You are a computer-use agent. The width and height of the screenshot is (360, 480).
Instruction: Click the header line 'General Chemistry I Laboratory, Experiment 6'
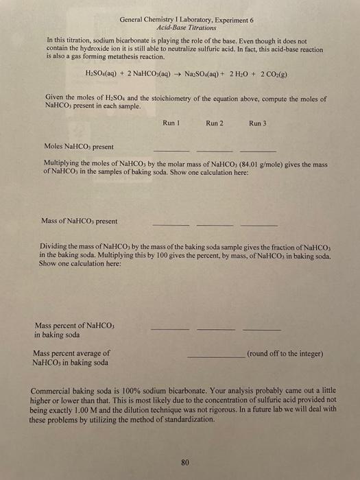pyautogui.click(x=177, y=21)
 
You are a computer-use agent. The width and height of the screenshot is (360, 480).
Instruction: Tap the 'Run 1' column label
pyautogui.click(x=171, y=123)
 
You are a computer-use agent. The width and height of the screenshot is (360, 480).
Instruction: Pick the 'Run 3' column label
pyautogui.click(x=258, y=123)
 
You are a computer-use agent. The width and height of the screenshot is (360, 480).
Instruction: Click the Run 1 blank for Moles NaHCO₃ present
pyautogui.click(x=171, y=150)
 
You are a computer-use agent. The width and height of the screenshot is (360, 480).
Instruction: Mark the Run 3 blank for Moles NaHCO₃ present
pyautogui.click(x=258, y=150)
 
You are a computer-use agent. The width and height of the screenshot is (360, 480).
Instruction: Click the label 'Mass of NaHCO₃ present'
pyautogui.click(x=79, y=221)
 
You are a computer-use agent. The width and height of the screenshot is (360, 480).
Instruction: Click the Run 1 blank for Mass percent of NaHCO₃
pyautogui.click(x=169, y=329)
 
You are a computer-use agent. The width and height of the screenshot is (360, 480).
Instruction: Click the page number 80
pyautogui.click(x=184, y=461)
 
